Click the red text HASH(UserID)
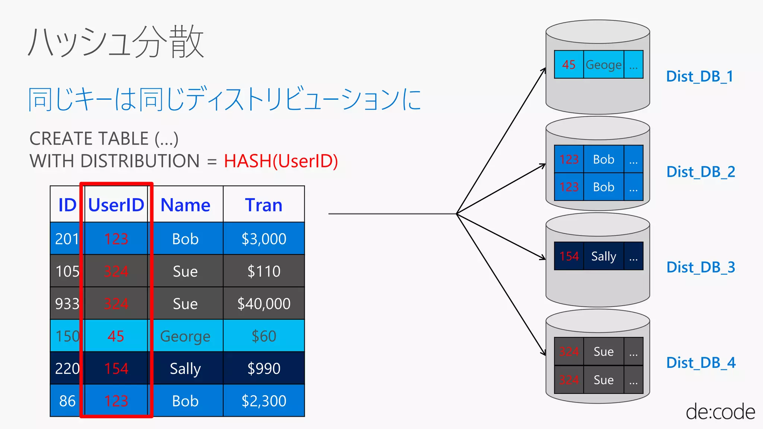tap(281, 161)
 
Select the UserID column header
tap(116, 205)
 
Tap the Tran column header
tap(264, 205)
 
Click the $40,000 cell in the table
tap(264, 304)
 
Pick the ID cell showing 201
tap(67, 239)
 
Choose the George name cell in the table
tap(185, 336)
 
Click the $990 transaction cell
tap(264, 369)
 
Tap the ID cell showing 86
tap(67, 401)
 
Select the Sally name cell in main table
tap(185, 369)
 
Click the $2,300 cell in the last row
tap(264, 401)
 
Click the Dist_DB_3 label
tap(700, 267)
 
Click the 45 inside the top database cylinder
tap(569, 65)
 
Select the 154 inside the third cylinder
tap(569, 256)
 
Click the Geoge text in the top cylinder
tap(604, 65)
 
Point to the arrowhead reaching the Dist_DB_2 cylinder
tap(544, 165)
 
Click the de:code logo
tap(720, 412)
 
